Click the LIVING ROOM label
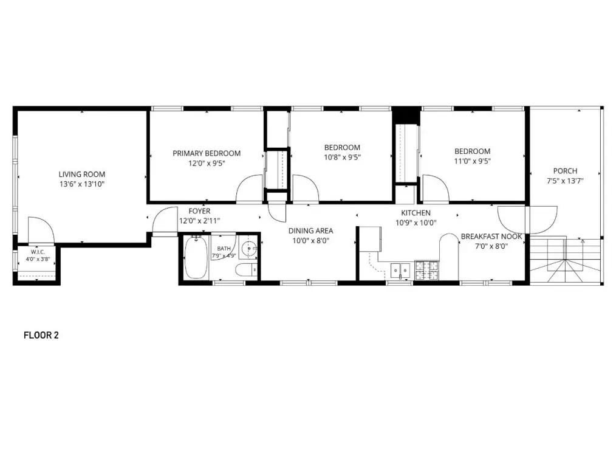(x=82, y=174)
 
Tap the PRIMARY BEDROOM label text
(x=207, y=153)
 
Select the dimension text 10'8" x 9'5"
(x=342, y=157)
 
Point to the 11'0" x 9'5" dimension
(x=472, y=161)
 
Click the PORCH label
(x=565, y=171)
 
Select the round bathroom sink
(x=248, y=249)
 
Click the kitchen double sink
(x=400, y=271)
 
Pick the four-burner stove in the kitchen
(x=427, y=270)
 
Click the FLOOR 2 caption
(x=41, y=335)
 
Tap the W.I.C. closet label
(x=38, y=252)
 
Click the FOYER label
(x=200, y=211)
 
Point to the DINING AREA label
(x=311, y=230)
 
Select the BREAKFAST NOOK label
(x=491, y=237)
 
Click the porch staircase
(x=566, y=260)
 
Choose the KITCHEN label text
(x=416, y=213)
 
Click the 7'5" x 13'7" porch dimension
(x=565, y=181)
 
